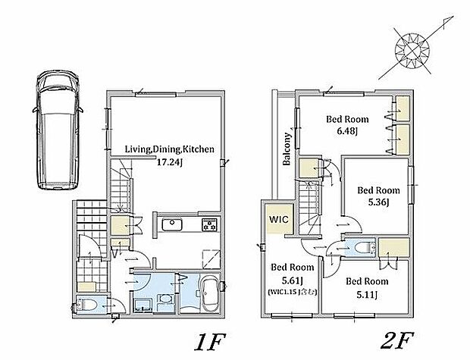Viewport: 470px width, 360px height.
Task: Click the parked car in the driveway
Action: [57, 130]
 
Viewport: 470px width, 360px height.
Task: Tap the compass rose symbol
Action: [412, 50]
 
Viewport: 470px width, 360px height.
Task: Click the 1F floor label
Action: [209, 342]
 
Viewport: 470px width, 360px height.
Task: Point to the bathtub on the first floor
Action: [209, 294]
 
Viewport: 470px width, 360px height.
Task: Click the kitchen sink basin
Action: [172, 225]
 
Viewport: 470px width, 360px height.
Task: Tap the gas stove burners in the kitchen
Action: [209, 225]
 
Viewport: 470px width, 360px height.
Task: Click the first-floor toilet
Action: [86, 305]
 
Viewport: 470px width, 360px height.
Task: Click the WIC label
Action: [278, 219]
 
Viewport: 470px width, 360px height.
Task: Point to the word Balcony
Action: [287, 149]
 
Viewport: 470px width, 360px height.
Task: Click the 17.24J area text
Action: [170, 162]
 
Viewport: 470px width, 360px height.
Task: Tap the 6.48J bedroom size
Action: [347, 131]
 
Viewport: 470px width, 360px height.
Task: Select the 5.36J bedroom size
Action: [378, 202]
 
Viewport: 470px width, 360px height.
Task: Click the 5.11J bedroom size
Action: [367, 295]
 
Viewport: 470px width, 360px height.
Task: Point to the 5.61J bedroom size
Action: [293, 280]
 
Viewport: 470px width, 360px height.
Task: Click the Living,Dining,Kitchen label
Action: [169, 149]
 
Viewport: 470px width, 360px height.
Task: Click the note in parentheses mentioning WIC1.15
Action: [293, 293]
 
